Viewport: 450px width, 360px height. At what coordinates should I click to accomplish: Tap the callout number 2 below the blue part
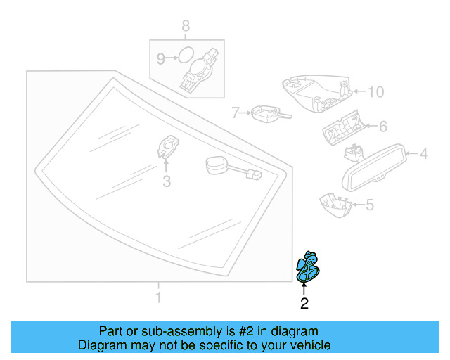304,304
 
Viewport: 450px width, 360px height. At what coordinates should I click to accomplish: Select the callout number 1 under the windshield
157,298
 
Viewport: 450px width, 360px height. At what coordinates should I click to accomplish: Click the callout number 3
166,183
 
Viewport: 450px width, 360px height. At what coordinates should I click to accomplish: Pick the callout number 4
424,153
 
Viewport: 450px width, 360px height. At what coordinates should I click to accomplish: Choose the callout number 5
371,205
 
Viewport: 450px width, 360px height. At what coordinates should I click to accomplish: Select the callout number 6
383,127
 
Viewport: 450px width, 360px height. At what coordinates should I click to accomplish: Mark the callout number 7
236,112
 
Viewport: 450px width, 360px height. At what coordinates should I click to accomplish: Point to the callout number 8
186,27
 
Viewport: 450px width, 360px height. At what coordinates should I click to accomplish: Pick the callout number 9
160,59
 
